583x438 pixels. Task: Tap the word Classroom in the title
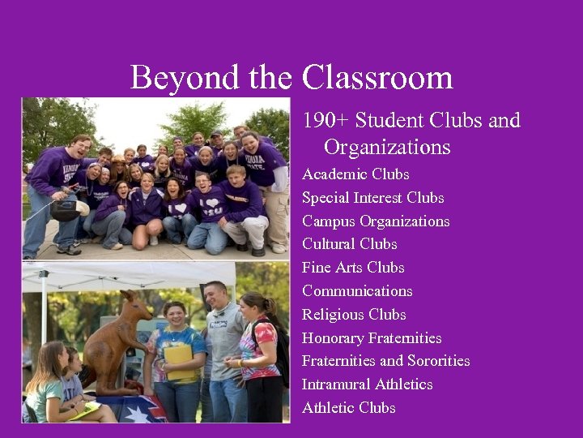[x=377, y=78]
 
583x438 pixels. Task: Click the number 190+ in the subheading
[x=326, y=121]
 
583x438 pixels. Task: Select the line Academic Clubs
[x=355, y=174]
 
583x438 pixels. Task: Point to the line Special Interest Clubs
[x=372, y=198]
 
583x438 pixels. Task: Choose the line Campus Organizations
[x=376, y=221]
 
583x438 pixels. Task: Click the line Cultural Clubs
[x=349, y=244]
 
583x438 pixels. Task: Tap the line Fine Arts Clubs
[x=353, y=268]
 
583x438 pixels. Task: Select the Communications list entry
[x=357, y=291]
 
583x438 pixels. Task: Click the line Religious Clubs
[x=354, y=315]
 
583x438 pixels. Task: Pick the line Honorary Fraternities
[x=372, y=338]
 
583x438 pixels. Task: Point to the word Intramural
[x=337, y=384]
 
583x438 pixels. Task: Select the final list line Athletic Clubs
[x=348, y=408]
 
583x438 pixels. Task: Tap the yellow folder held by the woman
[x=180, y=360]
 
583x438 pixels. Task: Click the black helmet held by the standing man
[x=66, y=210]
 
